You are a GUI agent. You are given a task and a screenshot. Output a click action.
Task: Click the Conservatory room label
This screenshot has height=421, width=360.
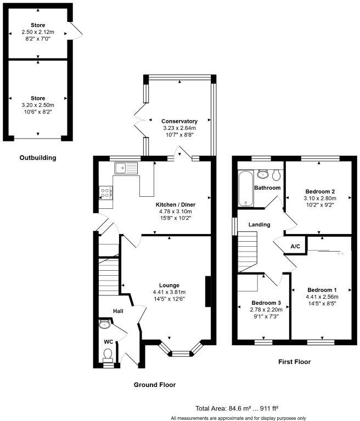pyautogui.click(x=179, y=121)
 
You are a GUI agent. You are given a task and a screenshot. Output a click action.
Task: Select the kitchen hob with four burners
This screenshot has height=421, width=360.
pyautogui.click(x=105, y=192)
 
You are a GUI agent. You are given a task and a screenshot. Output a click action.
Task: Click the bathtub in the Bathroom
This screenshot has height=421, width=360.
pyautogui.click(x=245, y=188)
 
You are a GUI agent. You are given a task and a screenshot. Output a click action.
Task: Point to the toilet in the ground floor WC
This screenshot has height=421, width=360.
pyautogui.click(x=108, y=355)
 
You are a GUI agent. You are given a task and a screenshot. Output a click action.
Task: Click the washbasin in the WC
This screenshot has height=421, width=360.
pyautogui.click(x=104, y=325)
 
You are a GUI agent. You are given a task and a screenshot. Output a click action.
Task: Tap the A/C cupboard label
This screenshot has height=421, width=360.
pyautogui.click(x=295, y=246)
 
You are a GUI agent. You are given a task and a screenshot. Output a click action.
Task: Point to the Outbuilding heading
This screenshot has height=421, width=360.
pyautogui.click(x=37, y=158)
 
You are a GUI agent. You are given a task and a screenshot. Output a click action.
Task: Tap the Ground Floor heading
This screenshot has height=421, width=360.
pyautogui.click(x=155, y=385)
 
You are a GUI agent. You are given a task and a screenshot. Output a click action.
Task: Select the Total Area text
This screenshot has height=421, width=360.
pyautogui.click(x=237, y=408)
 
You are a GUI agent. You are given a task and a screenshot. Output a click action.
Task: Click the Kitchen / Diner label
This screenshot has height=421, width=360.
pyautogui.click(x=175, y=204)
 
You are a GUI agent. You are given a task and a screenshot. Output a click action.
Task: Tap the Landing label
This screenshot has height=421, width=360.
pyautogui.click(x=258, y=224)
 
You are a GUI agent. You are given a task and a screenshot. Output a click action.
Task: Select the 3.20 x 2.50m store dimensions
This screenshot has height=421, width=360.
pyautogui.click(x=38, y=105)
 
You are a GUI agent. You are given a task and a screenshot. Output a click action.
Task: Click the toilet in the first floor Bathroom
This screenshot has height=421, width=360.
pyautogui.click(x=276, y=175)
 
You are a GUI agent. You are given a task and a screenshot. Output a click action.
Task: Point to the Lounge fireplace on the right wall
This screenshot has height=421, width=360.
pyautogui.click(x=207, y=292)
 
